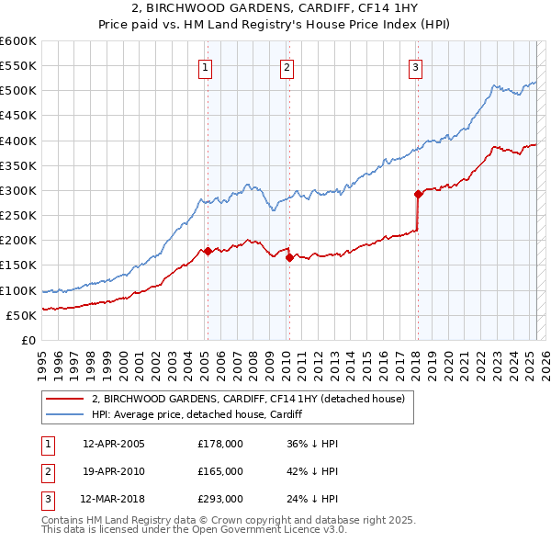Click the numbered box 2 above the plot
(287, 66)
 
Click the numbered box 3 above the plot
(416, 66)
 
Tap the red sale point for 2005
(208, 251)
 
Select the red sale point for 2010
(289, 258)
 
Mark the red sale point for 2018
(418, 194)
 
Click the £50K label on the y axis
(20, 315)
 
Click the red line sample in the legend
(64, 399)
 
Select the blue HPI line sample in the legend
(64, 414)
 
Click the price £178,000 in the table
(220, 444)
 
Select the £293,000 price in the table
(220, 500)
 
